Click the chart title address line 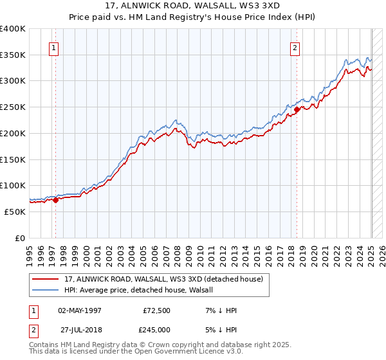[192, 6]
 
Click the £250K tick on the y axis [13, 107]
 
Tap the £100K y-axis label [13, 185]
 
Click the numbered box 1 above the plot [53, 47]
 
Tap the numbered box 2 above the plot [295, 47]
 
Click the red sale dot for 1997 [55, 200]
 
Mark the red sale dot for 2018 [297, 110]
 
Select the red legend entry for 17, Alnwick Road [163, 280]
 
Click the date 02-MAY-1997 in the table [80, 310]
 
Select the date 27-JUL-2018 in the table [79, 330]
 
